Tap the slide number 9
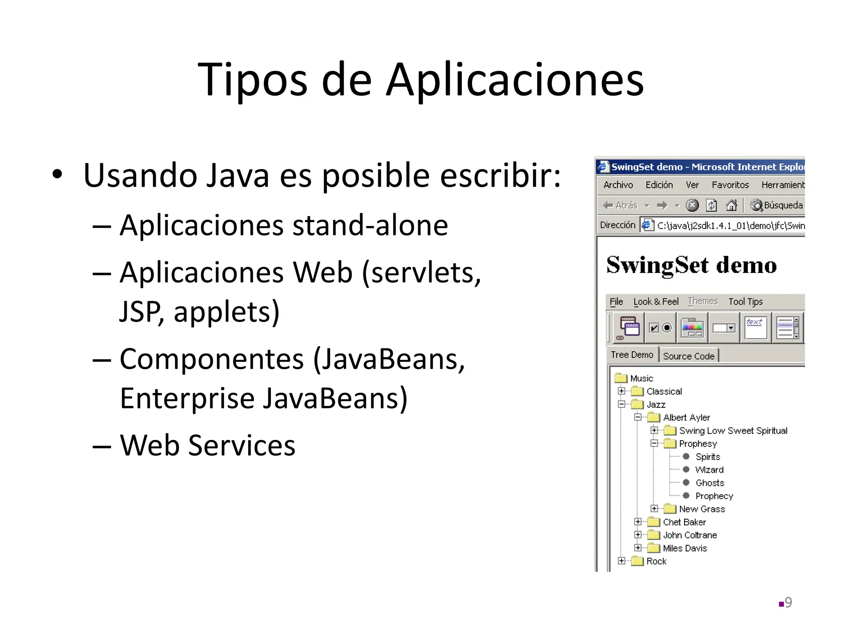788,602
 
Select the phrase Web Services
207,446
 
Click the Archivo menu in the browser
618,185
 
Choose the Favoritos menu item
730,185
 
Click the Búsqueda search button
777,205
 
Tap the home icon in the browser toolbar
731,205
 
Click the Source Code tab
689,356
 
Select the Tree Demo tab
632,355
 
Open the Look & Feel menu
656,302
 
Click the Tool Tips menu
745,302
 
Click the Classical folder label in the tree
664,391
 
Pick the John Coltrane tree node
690,535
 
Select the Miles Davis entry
685,548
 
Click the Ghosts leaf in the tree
710,483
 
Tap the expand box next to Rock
622,561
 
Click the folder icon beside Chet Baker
654,522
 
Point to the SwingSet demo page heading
692,265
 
